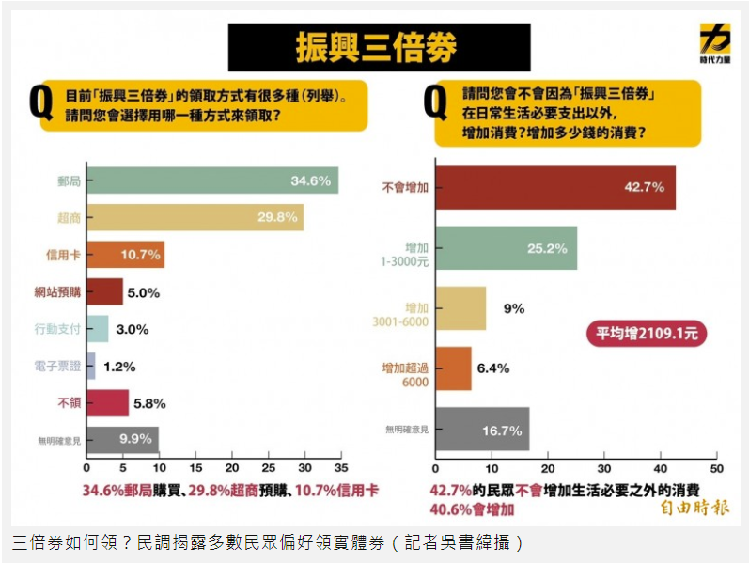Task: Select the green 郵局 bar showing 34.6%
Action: pyautogui.click(x=212, y=180)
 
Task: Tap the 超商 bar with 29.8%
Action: pyautogui.click(x=195, y=217)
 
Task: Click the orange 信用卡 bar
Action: pyautogui.click(x=125, y=255)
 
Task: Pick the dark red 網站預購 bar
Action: pyautogui.click(x=104, y=291)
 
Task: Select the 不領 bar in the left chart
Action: pyautogui.click(x=107, y=402)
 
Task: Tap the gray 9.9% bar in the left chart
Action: pyautogui.click(x=122, y=439)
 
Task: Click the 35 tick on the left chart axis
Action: pyautogui.click(x=340, y=467)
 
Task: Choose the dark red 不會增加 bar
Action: pyautogui.click(x=554, y=187)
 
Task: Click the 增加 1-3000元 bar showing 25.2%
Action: pyautogui.click(x=506, y=248)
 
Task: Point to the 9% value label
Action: pyautogui.click(x=515, y=308)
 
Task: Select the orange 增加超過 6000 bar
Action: pyautogui.click(x=453, y=368)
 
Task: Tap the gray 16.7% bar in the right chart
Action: pyautogui.click(x=481, y=430)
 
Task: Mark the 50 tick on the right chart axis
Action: pyautogui.click(x=716, y=467)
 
